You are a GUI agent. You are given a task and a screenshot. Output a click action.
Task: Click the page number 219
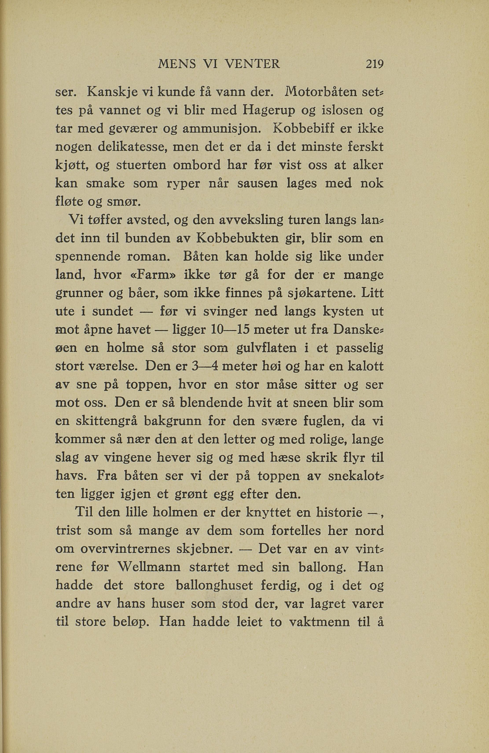(x=374, y=64)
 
